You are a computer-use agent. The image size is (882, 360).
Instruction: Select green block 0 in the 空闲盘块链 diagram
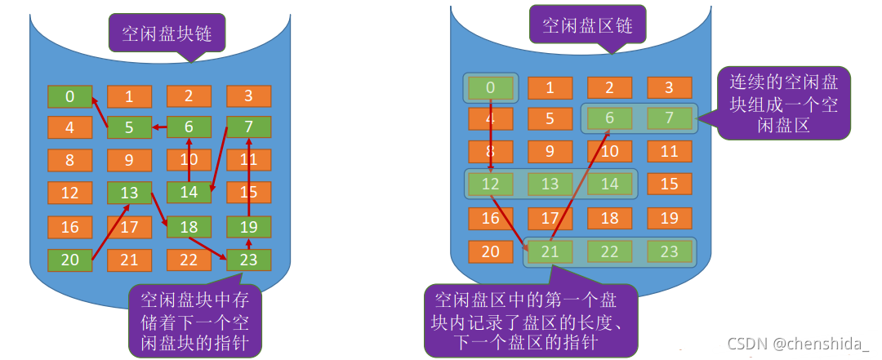point(69,96)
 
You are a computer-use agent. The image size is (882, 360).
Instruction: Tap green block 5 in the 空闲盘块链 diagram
point(130,127)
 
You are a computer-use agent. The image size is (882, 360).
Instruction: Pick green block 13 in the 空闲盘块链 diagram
point(130,193)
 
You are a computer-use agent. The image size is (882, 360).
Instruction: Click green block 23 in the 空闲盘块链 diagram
point(248,260)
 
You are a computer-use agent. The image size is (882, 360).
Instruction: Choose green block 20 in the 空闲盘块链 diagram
point(69,260)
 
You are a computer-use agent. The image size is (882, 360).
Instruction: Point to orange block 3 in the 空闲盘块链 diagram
point(248,96)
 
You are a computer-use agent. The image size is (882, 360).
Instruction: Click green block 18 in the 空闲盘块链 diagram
point(189,227)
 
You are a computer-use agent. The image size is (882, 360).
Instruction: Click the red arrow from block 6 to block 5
point(160,127)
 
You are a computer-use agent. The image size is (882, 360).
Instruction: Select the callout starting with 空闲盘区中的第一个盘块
point(528,319)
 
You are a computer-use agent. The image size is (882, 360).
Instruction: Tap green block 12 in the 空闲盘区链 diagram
point(491,184)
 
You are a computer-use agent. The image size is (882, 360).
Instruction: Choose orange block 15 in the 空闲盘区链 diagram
point(670,184)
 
